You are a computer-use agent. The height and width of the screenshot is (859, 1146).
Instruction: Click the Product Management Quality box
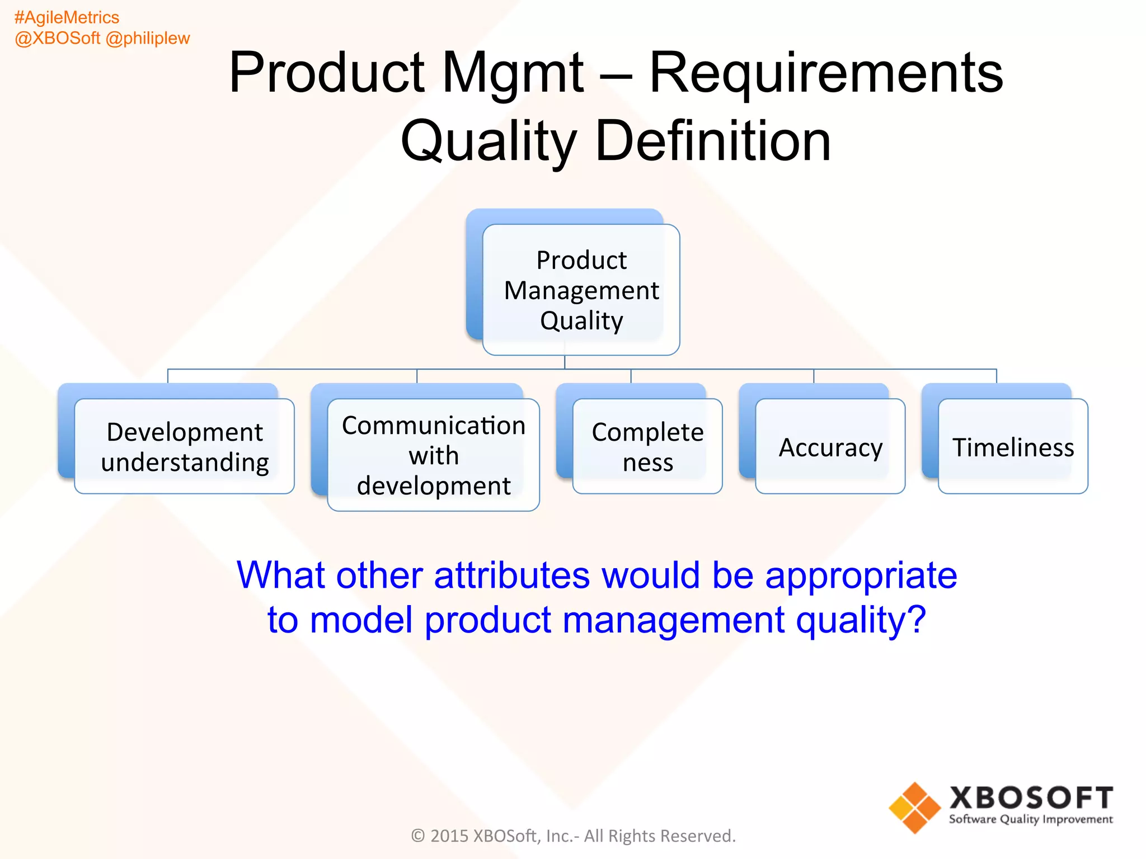click(581, 290)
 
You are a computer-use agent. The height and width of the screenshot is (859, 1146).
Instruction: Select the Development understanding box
click(184, 446)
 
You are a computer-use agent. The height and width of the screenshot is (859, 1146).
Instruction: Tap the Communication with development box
click(433, 455)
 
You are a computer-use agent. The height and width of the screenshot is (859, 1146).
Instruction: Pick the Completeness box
click(647, 446)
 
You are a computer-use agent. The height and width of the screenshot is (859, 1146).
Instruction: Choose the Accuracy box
click(830, 447)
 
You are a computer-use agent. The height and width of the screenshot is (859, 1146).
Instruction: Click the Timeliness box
click(1013, 447)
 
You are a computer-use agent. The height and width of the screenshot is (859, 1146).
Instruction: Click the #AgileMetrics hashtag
click(67, 17)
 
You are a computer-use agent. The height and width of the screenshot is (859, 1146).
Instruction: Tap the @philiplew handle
click(148, 38)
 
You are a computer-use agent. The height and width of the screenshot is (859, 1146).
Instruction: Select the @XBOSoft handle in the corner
click(58, 38)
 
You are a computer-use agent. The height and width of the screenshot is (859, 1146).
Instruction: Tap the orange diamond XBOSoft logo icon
click(915, 808)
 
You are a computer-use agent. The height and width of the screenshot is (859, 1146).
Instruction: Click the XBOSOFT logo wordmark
click(1031, 797)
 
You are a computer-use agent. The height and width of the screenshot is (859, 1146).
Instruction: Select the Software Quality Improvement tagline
click(1031, 819)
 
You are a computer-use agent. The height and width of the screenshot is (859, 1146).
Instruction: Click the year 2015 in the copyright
click(449, 836)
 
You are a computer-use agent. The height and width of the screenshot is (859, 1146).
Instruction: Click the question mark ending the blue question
click(917, 620)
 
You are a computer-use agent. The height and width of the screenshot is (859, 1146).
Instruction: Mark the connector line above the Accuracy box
click(814, 377)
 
